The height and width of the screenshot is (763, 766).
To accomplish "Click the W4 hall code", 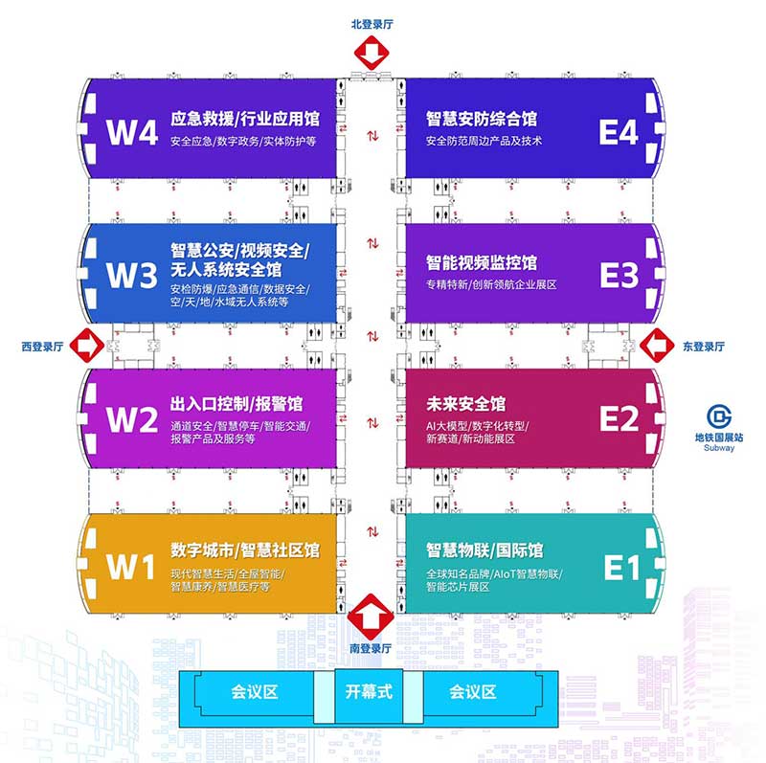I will (x=131, y=131).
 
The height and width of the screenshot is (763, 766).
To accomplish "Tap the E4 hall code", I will (x=619, y=131).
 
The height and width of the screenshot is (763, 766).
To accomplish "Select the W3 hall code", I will (x=131, y=276).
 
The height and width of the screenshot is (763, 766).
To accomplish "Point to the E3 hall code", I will (x=619, y=276).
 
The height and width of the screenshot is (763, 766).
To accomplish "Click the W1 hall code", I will (x=131, y=567).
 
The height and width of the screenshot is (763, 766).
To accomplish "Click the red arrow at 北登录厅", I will (x=371, y=54).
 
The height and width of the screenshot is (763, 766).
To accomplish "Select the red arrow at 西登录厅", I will (x=86, y=344).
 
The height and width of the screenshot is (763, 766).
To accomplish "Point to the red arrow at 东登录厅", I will (x=659, y=344).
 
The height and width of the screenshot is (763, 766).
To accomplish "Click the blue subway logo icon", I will (x=719, y=417).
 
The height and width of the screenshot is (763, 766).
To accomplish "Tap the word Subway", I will (x=719, y=448).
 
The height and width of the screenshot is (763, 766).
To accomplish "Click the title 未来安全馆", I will (x=466, y=404).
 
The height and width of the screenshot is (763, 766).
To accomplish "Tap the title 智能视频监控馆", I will (x=482, y=261).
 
